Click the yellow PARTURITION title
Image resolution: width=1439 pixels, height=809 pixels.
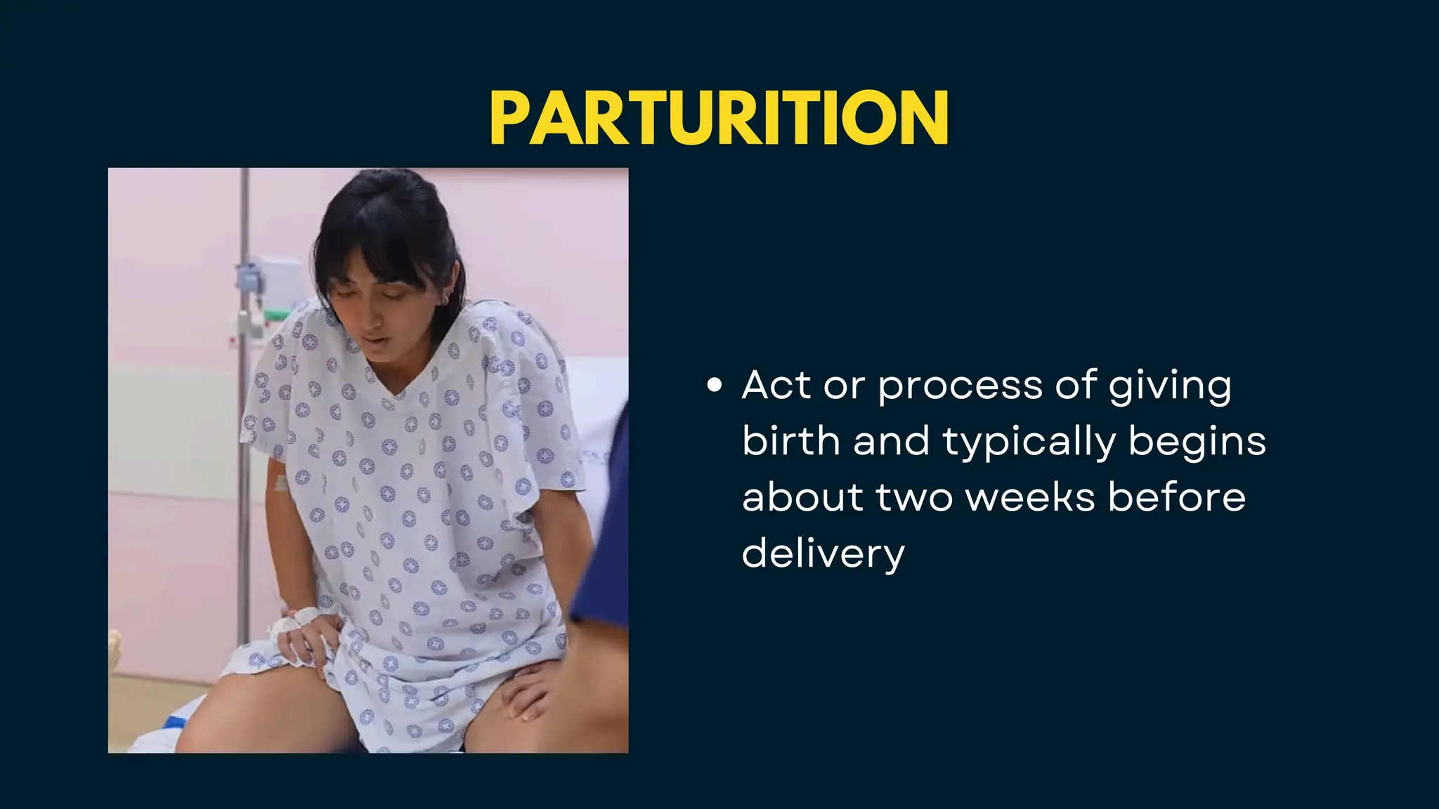click(719, 117)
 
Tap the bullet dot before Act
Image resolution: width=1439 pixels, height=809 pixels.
click(715, 385)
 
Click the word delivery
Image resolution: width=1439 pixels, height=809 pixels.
click(823, 553)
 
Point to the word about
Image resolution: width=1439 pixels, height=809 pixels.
click(802, 497)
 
